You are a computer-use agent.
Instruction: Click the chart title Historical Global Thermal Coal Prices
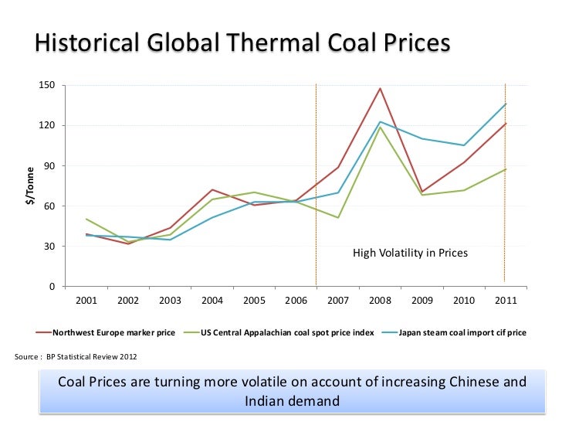[x=241, y=43]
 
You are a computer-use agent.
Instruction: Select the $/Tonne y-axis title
[x=30, y=186]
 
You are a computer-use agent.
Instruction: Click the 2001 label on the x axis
[x=86, y=301]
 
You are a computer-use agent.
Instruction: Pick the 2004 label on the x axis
[x=212, y=301]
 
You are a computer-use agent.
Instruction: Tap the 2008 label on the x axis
[x=380, y=301]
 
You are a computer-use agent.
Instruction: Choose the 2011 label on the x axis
[x=506, y=301]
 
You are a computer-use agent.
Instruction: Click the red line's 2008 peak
[x=380, y=88]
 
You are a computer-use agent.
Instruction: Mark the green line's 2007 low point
[x=338, y=218]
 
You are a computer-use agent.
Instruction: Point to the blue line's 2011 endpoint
[x=506, y=104]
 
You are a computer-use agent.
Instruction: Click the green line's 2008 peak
[x=380, y=127]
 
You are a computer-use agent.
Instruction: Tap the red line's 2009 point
[x=422, y=192]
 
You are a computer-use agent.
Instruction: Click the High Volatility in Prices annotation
[x=410, y=253]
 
